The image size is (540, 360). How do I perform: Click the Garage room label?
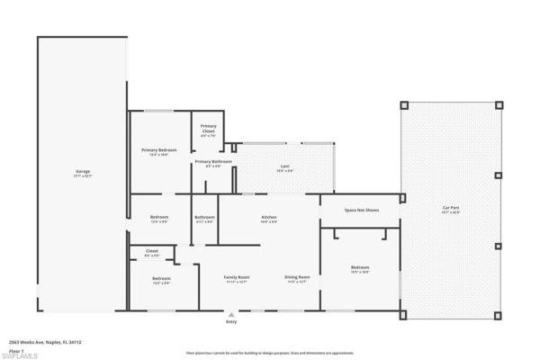[x=83, y=173]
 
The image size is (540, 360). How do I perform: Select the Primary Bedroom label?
[x=158, y=151]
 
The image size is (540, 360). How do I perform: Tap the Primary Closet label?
[x=208, y=129]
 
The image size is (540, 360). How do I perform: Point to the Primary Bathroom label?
[x=212, y=163]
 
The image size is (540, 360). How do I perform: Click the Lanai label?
[x=284, y=166]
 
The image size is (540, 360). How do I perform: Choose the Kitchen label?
[x=268, y=219]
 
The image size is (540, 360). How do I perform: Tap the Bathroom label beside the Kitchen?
[x=204, y=219]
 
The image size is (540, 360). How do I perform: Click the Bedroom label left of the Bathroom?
[x=159, y=219]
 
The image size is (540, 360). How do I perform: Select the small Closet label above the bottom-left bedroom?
[x=151, y=253]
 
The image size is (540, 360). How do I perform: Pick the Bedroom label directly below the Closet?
[x=161, y=280]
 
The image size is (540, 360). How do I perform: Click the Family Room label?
[x=236, y=279]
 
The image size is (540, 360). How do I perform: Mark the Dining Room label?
[x=297, y=279]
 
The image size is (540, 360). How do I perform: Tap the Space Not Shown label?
[x=362, y=210]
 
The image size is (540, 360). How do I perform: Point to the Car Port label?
[x=451, y=210]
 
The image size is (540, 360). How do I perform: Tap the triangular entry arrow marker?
[x=231, y=314]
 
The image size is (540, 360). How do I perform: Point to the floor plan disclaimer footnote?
[x=269, y=353]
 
